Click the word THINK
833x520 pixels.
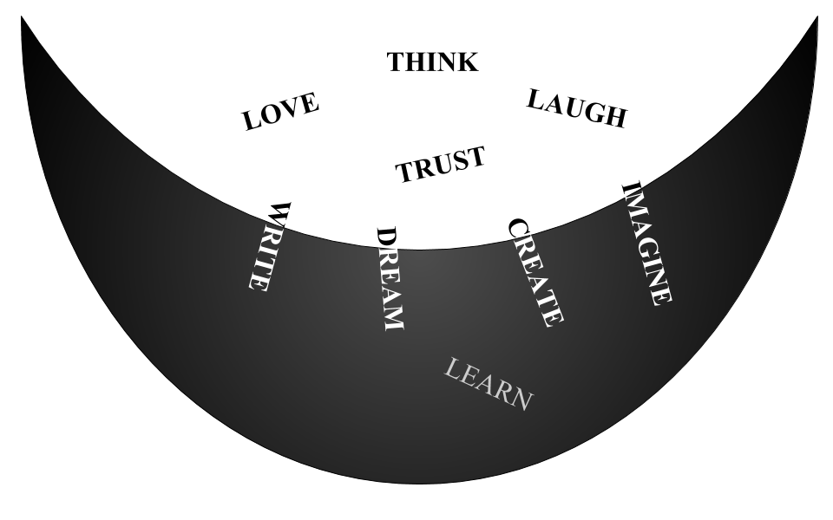[432, 62]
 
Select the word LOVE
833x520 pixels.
[280, 111]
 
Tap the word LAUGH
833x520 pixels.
[576, 108]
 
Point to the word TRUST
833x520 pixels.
[440, 164]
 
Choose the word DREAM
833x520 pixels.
[390, 278]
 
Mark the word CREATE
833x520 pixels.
[535, 272]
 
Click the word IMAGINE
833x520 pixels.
[647, 244]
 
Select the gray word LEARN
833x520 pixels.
[487, 383]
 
